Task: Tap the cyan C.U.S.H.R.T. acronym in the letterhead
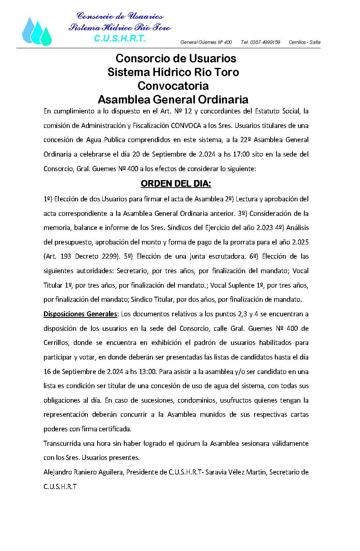point(120,39)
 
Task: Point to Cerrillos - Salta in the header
point(304,42)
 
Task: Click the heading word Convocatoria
point(173,86)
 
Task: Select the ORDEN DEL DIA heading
point(176,184)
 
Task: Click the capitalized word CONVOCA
point(184,126)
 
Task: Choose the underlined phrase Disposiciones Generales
point(80,314)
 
